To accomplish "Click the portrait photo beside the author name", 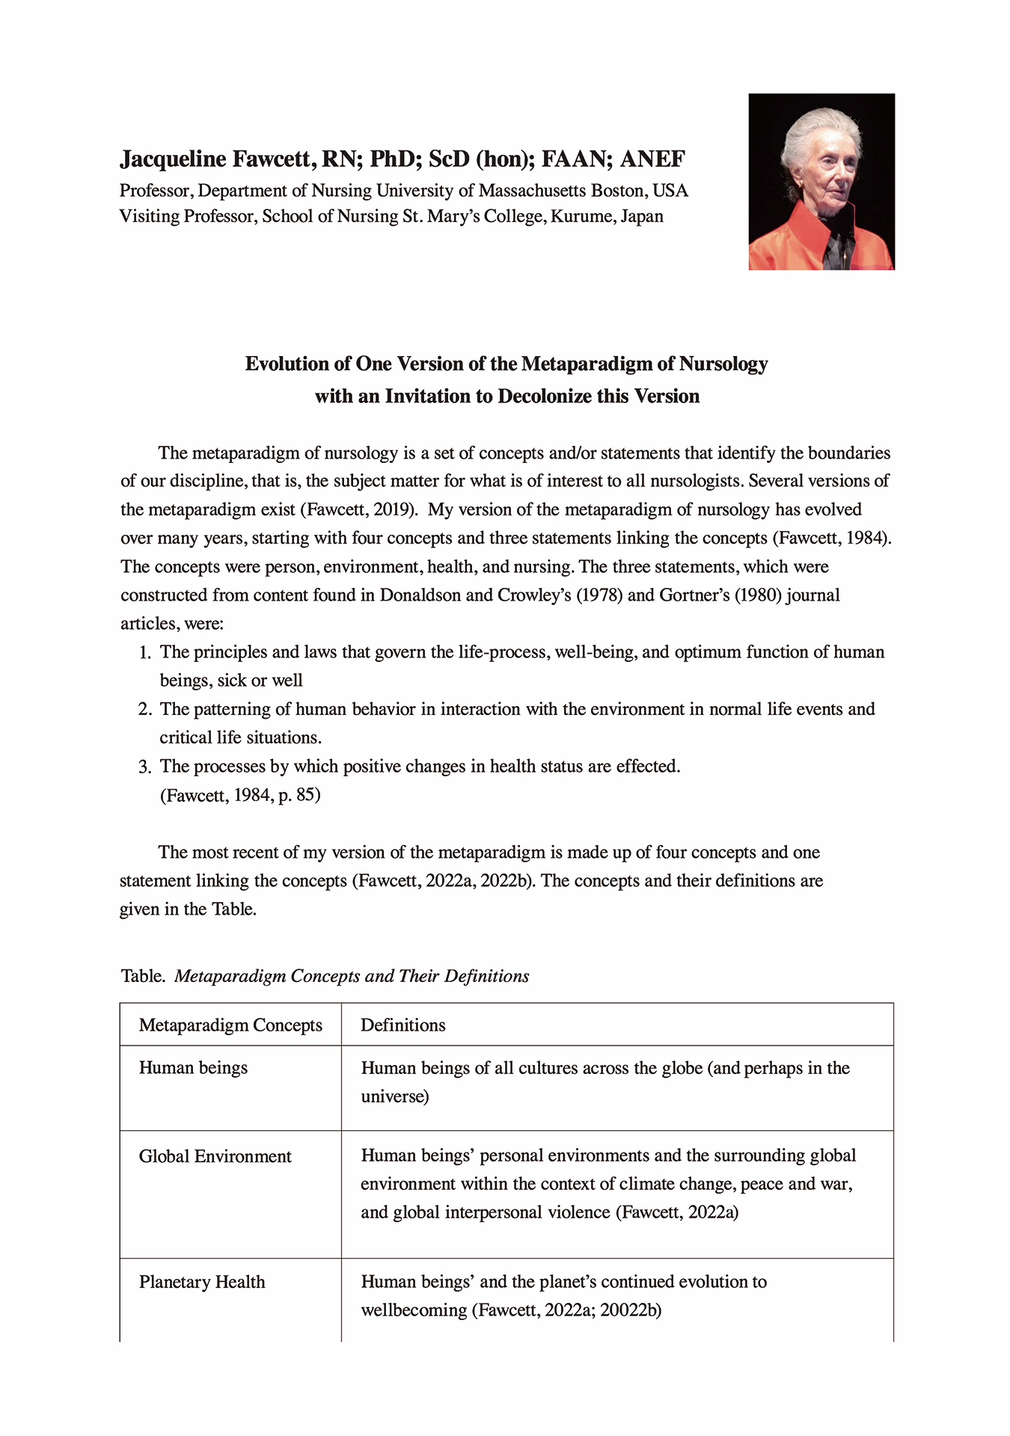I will [x=821, y=181].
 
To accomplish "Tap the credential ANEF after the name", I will [x=652, y=159].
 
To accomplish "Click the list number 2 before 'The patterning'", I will [x=144, y=710].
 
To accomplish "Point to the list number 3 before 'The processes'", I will [x=144, y=767].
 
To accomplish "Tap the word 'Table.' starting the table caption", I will [x=143, y=976].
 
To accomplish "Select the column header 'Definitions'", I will [x=403, y=1025].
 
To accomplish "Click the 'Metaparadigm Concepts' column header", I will [x=230, y=1025].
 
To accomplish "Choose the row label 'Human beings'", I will [x=193, y=1068].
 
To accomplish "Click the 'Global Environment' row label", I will [x=215, y=1157].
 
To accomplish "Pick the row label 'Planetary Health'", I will [x=202, y=1283].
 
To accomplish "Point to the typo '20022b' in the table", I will [x=630, y=1310].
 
